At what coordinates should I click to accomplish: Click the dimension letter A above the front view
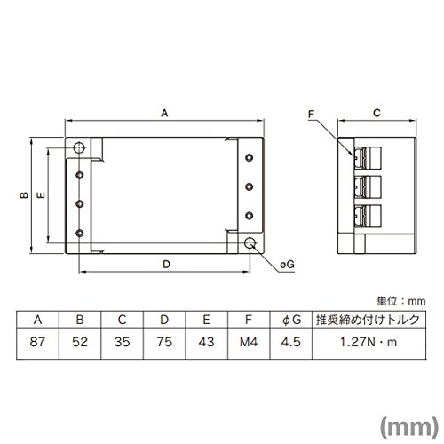pos(164,113)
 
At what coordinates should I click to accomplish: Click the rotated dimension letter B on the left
pos(24,195)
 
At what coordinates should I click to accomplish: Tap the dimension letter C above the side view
pos(377,113)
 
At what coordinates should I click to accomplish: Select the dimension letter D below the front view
pos(166,265)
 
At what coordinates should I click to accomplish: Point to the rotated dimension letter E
pos(41,195)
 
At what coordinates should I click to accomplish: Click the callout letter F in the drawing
pos(312,115)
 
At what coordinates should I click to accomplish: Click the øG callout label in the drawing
pos(287,264)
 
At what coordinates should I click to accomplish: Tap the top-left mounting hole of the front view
pos(79,147)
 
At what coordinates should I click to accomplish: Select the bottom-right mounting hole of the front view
pos(250,242)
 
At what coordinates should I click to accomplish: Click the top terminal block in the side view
pos(368,157)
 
